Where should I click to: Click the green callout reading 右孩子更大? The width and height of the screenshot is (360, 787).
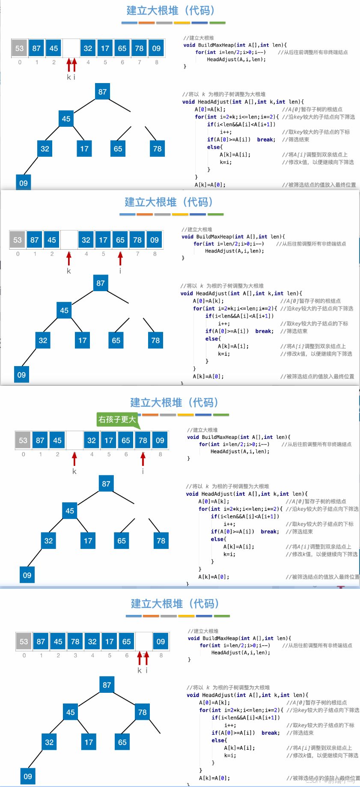tap(117, 420)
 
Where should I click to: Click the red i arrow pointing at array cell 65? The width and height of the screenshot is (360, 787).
tap(120, 258)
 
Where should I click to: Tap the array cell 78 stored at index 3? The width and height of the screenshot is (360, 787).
tap(75, 641)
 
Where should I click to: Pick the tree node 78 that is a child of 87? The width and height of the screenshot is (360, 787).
tap(143, 712)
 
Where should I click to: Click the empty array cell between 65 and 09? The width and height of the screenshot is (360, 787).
tap(144, 641)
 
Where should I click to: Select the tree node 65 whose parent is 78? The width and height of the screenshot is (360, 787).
tap(122, 742)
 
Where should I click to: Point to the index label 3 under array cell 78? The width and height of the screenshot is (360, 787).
tap(75, 655)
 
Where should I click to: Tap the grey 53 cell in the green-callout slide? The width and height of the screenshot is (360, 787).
tap(23, 440)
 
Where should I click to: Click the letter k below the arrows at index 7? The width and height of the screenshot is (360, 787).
tap(139, 671)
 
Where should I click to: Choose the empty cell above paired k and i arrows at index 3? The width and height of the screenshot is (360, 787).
tap(71, 48)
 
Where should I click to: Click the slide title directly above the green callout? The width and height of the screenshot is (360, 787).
tap(174, 402)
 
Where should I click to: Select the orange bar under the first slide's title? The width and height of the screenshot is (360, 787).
tap(146, 23)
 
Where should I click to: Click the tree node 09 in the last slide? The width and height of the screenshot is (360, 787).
tap(28, 776)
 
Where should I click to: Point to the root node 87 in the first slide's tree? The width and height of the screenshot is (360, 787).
tap(102, 92)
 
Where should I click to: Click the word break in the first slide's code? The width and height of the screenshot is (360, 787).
tap(266, 140)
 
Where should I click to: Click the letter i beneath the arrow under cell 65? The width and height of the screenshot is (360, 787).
tap(120, 271)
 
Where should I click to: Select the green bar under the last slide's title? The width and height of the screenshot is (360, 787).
tap(222, 616)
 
